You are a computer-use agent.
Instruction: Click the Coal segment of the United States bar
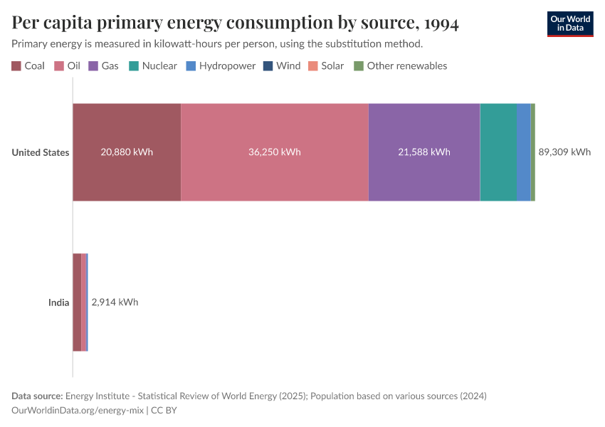point(127,178)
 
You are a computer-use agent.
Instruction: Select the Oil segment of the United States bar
point(274,178)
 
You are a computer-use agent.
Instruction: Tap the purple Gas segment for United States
point(423,178)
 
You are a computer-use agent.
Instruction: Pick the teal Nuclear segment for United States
point(498,152)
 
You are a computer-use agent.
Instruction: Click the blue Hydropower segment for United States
point(523,152)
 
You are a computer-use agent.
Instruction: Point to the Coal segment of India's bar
point(77,302)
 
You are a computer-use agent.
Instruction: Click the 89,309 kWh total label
point(564,152)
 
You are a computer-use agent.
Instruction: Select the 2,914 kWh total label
point(115,302)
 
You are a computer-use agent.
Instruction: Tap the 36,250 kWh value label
point(274,152)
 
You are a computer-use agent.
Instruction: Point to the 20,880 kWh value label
point(127,152)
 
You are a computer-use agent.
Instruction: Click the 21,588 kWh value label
point(423,152)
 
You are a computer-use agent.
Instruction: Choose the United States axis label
point(41,152)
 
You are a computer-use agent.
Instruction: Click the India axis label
point(58,302)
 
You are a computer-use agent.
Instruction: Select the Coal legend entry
point(28,66)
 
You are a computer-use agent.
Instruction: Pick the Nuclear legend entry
point(153,66)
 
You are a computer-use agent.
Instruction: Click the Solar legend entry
point(326,66)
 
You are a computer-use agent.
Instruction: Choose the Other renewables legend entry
point(401,66)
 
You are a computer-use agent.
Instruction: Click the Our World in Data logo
point(569,23)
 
